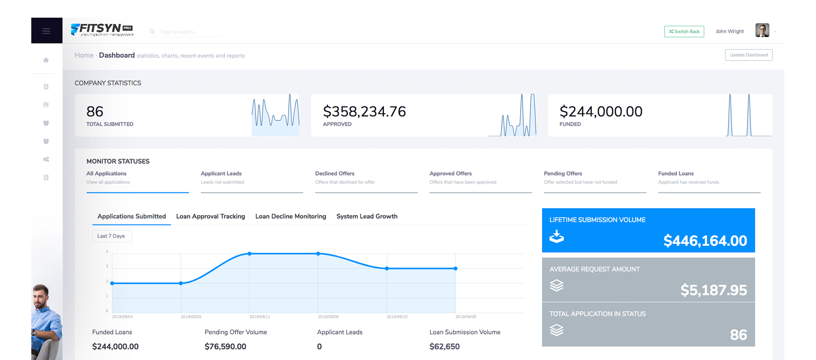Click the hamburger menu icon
click(x=46, y=31)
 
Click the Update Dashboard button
click(x=748, y=55)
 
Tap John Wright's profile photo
click(x=762, y=31)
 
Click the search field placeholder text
click(x=178, y=32)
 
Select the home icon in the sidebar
click(x=46, y=60)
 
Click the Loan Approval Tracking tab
click(x=210, y=216)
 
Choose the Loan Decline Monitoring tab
click(x=290, y=216)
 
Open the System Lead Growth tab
click(x=367, y=216)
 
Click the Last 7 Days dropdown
click(x=112, y=236)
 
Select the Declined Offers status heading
click(x=335, y=173)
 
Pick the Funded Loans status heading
click(x=676, y=173)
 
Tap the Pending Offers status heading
click(x=563, y=173)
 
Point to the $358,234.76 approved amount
click(x=364, y=112)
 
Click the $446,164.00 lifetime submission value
click(x=705, y=241)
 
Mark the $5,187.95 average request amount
click(x=713, y=290)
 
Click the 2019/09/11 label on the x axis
click(x=260, y=316)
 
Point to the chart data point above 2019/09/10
click(x=387, y=269)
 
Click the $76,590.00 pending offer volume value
click(x=225, y=346)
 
